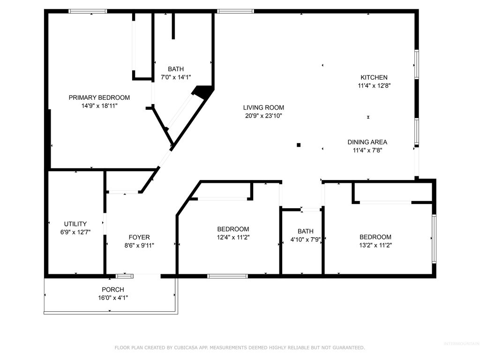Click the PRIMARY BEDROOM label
(x=99, y=97)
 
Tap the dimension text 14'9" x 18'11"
(x=99, y=106)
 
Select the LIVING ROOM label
(x=263, y=107)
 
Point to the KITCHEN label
(x=374, y=77)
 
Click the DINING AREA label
(x=367, y=142)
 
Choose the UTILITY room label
(x=75, y=224)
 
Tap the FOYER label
(x=139, y=237)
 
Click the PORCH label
(x=113, y=289)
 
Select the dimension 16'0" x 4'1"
(x=113, y=297)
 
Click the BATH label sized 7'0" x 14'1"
(x=176, y=69)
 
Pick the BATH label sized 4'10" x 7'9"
(x=305, y=231)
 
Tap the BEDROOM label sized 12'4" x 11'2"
(x=233, y=229)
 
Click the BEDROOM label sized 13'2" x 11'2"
(x=375, y=237)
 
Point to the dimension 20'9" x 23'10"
(x=263, y=115)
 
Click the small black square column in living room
(x=299, y=145)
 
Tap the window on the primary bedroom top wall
(x=88, y=11)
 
